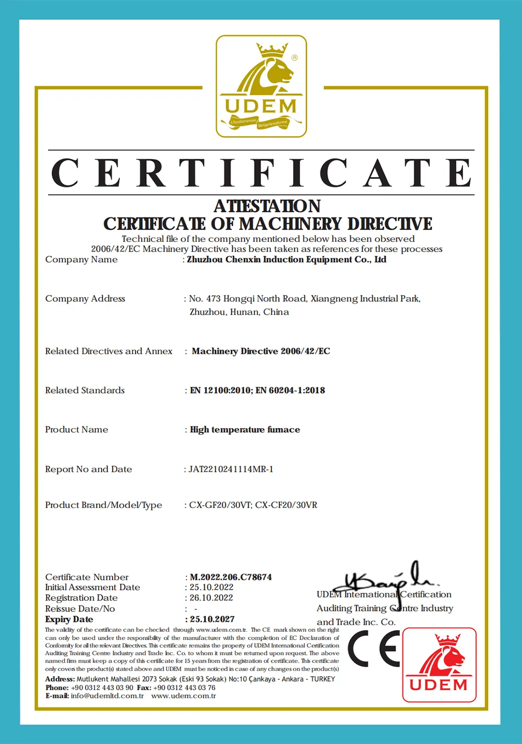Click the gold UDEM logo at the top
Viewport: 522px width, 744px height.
point(262,86)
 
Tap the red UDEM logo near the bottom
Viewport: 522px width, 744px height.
point(439,665)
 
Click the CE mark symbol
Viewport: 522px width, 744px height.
point(373,648)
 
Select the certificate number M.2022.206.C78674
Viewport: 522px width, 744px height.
point(231,577)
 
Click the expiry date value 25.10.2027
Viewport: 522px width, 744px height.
point(212,619)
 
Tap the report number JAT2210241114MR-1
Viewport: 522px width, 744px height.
point(231,469)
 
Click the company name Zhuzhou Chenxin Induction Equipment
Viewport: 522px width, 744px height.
point(287,259)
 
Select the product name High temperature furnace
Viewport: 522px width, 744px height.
point(245,430)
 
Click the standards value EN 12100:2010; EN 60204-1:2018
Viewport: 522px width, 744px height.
point(257,391)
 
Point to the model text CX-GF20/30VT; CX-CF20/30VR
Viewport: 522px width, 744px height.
point(253,505)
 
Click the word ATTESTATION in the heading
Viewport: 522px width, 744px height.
point(267,206)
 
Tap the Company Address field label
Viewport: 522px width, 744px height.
point(85,299)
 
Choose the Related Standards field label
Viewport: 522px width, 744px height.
point(85,391)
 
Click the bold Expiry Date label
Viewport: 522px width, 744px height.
point(69,619)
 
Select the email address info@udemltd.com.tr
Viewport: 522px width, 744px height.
point(107,696)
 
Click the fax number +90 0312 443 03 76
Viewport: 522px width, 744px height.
point(184,688)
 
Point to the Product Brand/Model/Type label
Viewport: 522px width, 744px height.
point(103,505)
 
